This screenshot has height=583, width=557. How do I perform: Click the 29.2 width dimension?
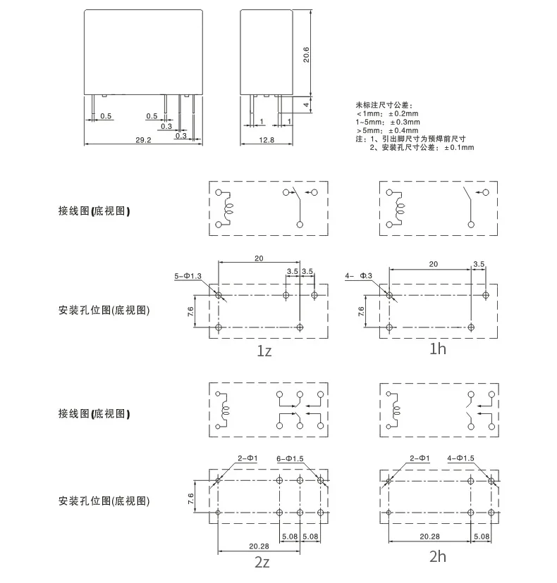click(143, 140)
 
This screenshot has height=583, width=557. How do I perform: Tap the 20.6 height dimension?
click(306, 55)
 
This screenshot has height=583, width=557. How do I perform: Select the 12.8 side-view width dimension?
click(267, 140)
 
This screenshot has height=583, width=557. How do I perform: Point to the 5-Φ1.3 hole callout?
click(188, 276)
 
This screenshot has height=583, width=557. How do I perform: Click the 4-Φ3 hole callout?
click(359, 275)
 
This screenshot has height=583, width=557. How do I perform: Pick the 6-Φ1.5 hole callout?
click(290, 459)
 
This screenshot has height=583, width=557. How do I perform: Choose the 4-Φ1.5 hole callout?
click(460, 458)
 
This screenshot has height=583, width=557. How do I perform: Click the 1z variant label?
click(264, 351)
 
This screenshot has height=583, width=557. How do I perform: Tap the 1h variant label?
click(437, 349)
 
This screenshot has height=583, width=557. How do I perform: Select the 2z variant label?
click(262, 562)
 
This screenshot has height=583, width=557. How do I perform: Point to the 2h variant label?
click(437, 556)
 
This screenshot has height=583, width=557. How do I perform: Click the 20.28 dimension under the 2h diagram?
click(429, 537)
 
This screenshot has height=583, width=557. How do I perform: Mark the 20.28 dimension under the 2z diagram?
click(259, 546)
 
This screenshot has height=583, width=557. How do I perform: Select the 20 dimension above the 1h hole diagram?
click(434, 264)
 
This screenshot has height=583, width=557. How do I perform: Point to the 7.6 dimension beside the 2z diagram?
click(190, 499)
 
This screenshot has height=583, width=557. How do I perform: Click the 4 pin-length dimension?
click(306, 104)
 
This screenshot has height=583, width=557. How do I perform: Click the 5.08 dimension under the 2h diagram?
click(482, 537)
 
